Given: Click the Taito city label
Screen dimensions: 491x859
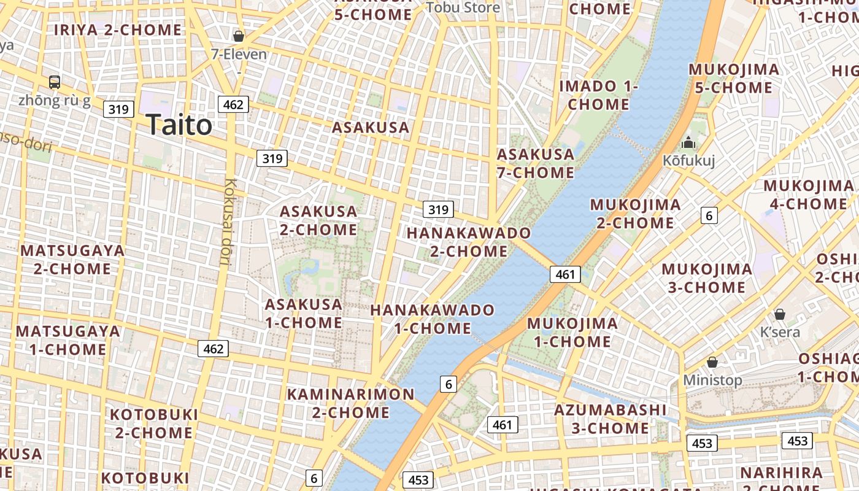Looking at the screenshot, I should tap(179, 125).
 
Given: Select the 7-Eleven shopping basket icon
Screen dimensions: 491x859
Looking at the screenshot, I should tap(239, 36).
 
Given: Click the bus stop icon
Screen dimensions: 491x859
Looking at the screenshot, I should tap(55, 82).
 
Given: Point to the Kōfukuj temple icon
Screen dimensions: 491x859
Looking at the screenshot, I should tap(688, 143).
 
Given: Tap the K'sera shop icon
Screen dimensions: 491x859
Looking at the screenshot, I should tap(780, 314).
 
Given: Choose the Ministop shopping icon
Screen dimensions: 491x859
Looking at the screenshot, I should tap(712, 362).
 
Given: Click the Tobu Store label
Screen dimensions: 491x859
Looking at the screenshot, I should tap(463, 7).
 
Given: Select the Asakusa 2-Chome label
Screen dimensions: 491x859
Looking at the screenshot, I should tap(318, 220).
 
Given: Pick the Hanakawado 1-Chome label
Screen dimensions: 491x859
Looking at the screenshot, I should tap(432, 319).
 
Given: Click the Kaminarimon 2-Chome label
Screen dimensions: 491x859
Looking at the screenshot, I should tap(351, 403).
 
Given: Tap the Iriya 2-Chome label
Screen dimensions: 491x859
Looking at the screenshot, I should tap(118, 29).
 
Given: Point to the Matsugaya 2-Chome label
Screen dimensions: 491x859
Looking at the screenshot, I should tap(72, 260).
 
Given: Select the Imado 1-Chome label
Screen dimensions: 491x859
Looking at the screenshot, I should tap(598, 95).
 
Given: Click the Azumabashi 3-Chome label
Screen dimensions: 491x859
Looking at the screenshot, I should tap(610, 419).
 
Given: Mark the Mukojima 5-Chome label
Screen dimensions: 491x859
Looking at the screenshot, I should tap(733, 79).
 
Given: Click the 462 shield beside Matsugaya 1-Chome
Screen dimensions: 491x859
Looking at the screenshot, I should tap(213, 349).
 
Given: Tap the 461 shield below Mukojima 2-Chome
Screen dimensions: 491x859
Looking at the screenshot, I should tap(564, 274).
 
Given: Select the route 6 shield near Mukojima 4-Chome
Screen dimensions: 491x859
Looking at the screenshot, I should tap(709, 215).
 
